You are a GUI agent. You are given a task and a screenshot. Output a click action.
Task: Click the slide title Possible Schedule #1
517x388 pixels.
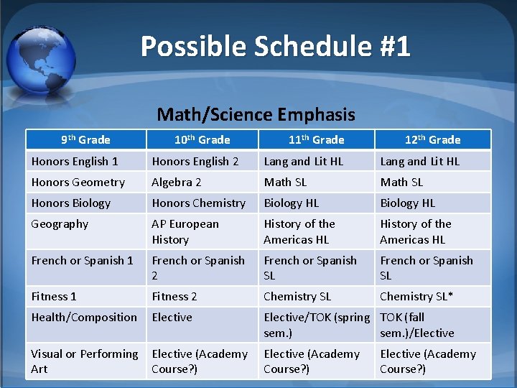point(275,47)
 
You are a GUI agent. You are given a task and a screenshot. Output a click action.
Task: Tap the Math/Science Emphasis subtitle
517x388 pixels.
point(256,114)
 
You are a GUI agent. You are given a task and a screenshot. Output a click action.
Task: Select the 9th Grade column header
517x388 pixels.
point(85,139)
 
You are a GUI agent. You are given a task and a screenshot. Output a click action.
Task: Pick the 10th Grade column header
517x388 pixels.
point(202,139)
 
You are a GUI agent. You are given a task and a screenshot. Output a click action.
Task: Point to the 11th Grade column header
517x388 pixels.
point(317,139)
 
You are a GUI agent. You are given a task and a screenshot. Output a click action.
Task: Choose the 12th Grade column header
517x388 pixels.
point(433,139)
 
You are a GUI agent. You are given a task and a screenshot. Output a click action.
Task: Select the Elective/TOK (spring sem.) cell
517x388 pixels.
point(316,325)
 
